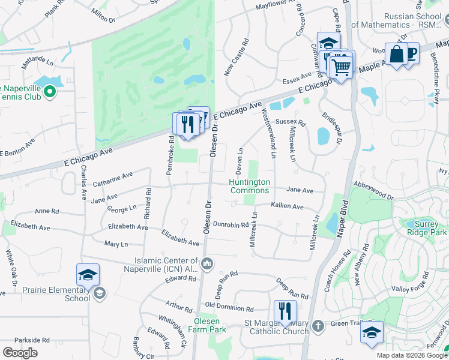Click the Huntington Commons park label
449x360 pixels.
pyautogui.click(x=250, y=186)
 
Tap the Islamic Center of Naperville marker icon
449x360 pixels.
pyautogui.click(x=206, y=263)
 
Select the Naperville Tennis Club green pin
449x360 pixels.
pyautogui.click(x=50, y=92)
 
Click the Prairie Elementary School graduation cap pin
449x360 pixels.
pyautogui.click(x=88, y=275)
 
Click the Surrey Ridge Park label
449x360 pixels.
pyautogui.click(x=427, y=229)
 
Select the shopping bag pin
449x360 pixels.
pyautogui.click(x=396, y=55)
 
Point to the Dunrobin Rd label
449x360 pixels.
pyautogui.click(x=231, y=224)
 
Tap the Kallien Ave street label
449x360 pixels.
pyautogui.click(x=287, y=206)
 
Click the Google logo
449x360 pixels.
pyautogui.click(x=20, y=353)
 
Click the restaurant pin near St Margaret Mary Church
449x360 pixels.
pyautogui.click(x=285, y=311)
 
